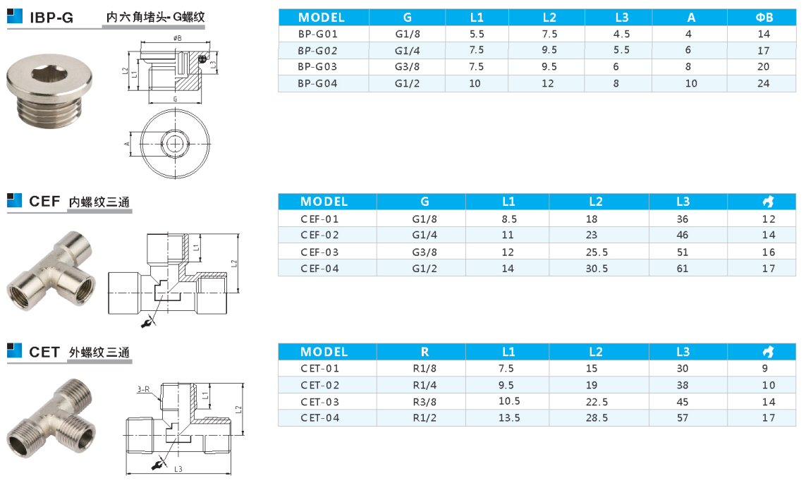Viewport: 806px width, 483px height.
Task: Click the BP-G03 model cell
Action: [317, 67]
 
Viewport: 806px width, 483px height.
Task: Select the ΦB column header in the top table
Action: [764, 18]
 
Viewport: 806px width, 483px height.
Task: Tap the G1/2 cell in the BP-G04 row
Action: [407, 83]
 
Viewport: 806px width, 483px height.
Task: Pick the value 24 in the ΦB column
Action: [763, 83]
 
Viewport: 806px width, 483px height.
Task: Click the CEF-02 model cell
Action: [319, 236]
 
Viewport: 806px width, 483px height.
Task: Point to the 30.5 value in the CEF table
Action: [597, 268]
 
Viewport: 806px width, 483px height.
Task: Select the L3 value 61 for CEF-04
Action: [682, 268]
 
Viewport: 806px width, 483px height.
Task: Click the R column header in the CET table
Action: [425, 352]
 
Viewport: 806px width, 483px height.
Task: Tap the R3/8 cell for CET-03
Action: [425, 402]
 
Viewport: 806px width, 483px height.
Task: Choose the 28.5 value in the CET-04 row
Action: [597, 417]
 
